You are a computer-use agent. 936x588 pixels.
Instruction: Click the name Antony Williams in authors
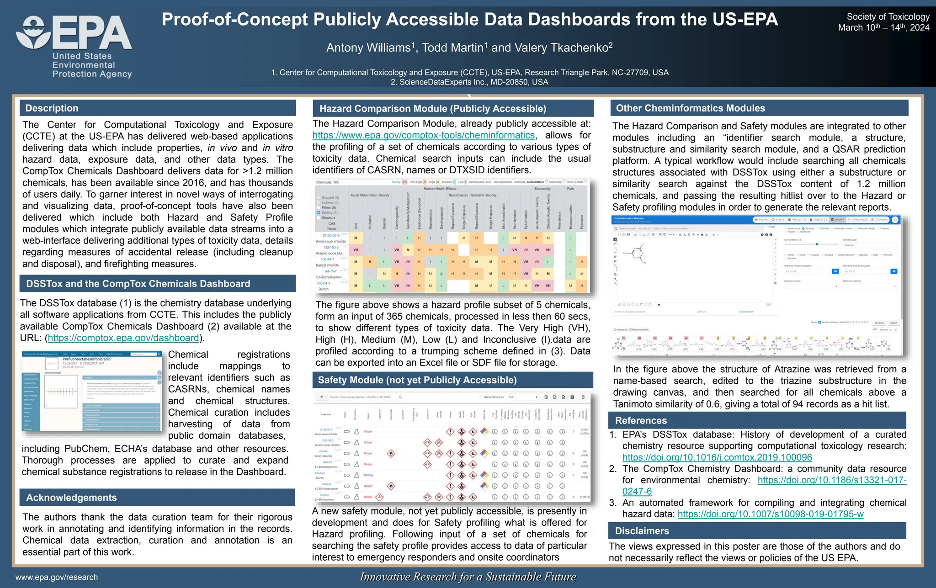click(368, 48)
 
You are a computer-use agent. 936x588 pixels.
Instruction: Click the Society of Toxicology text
click(888, 17)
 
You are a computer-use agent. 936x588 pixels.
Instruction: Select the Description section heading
click(52, 108)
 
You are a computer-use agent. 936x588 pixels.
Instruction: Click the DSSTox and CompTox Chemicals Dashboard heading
click(138, 284)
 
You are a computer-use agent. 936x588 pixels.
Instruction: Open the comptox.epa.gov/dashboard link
click(123, 338)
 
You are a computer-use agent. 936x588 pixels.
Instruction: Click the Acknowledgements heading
click(71, 498)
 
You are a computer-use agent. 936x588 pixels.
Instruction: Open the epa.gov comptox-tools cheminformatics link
click(423, 135)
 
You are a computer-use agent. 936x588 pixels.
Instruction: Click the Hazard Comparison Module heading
click(432, 109)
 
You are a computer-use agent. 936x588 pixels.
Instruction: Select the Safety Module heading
click(417, 380)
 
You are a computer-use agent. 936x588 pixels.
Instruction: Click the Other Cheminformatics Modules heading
click(690, 108)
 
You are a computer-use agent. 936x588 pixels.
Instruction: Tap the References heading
click(640, 421)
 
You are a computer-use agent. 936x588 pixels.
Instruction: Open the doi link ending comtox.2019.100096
click(717, 457)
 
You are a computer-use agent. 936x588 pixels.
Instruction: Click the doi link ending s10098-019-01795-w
click(770, 514)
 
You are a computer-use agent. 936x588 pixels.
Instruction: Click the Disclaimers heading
click(642, 531)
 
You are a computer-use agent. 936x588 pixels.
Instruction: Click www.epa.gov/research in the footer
click(57, 577)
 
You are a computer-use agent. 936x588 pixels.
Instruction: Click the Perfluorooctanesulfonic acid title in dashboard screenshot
click(86, 359)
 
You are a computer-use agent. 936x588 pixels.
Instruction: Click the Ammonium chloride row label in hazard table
click(331, 241)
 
